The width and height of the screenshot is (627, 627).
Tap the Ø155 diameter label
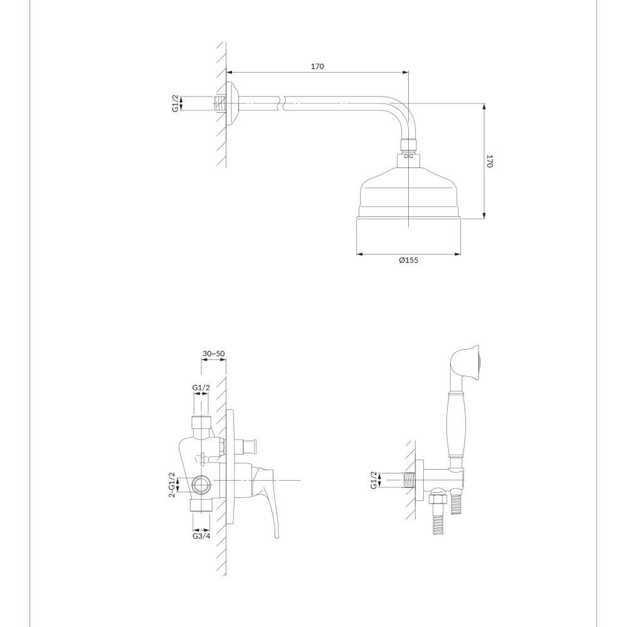coord(408,260)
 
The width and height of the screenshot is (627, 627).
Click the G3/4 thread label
coord(201,536)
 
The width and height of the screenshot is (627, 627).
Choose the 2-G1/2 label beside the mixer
coord(172,485)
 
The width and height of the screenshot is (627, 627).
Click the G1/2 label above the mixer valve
coord(201,387)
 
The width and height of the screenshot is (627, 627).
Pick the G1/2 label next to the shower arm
coord(176,103)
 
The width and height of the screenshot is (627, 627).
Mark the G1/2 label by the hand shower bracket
coord(374,480)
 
